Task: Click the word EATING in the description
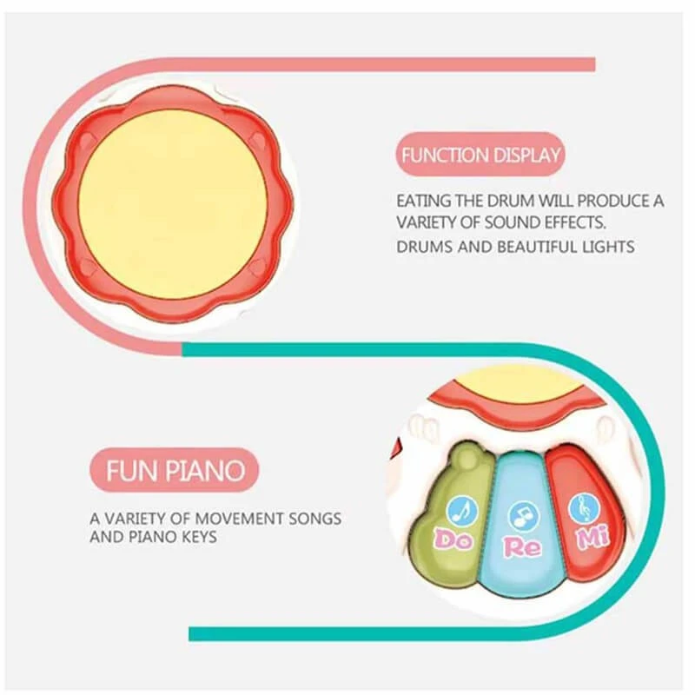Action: pyautogui.click(x=424, y=202)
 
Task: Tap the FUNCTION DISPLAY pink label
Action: pyautogui.click(x=480, y=155)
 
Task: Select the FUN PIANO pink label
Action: pyautogui.click(x=175, y=470)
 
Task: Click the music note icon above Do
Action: pyautogui.click(x=463, y=510)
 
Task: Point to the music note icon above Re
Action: pyautogui.click(x=525, y=516)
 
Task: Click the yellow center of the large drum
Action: pyautogui.click(x=173, y=205)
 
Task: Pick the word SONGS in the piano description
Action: pyautogui.click(x=315, y=518)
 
